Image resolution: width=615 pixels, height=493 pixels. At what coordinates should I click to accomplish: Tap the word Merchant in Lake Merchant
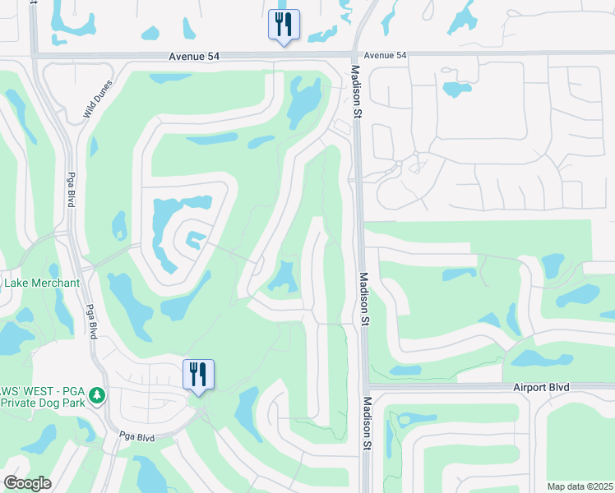coord(56,283)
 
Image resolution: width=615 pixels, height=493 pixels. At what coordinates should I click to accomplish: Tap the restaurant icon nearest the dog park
coord(198,375)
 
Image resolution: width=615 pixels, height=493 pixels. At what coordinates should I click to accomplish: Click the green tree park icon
coord(97,396)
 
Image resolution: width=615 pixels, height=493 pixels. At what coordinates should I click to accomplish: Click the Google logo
coord(27,483)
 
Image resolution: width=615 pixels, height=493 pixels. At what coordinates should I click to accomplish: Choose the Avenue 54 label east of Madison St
coord(385,55)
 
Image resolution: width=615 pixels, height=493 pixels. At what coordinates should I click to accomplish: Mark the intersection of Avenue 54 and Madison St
coord(357,55)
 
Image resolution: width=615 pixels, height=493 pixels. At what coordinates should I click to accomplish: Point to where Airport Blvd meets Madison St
coord(365,386)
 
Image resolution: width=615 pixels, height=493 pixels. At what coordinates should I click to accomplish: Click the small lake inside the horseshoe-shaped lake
coord(194,239)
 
